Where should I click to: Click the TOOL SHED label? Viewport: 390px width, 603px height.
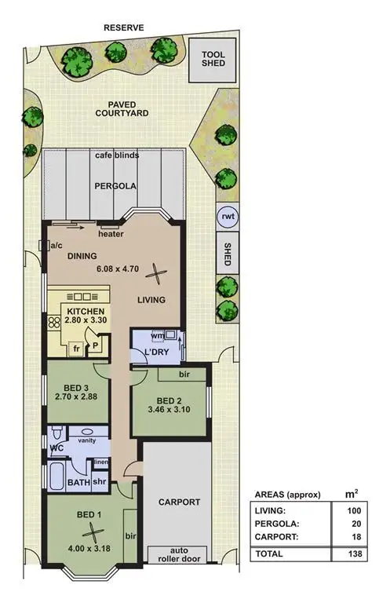(x=214, y=60)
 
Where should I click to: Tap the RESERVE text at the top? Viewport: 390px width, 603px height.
(x=125, y=27)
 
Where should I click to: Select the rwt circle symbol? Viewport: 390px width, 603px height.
(x=227, y=216)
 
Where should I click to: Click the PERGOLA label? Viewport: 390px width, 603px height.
(x=116, y=187)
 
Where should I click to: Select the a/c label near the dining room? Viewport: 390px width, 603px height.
(x=56, y=246)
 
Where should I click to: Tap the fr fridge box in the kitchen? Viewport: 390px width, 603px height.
(x=78, y=347)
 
